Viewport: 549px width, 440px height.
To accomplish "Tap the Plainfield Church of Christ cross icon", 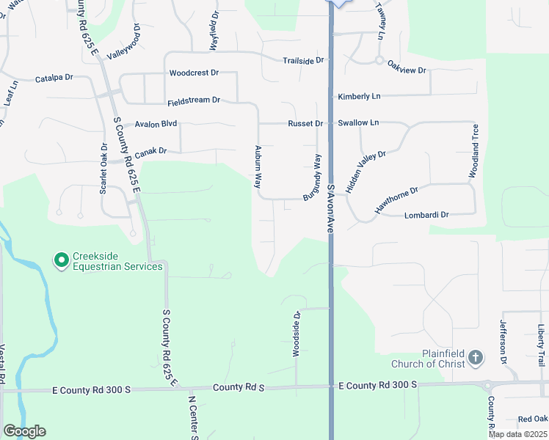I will (475, 357).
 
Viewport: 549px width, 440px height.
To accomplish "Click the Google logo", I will (24, 431).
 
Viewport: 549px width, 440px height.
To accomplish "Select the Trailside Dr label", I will (303, 60).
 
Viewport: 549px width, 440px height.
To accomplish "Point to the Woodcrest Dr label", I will (194, 73).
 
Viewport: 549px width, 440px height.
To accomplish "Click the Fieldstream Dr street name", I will (194, 100).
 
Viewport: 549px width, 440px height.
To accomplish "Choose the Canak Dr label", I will (150, 151).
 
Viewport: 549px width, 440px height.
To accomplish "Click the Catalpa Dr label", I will (54, 77).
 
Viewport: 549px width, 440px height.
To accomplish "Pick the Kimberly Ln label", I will (359, 97).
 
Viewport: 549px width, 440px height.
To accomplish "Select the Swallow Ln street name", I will (358, 122).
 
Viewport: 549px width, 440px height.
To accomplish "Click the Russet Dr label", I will (304, 123).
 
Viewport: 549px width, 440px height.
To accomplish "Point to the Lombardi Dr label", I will (426, 215).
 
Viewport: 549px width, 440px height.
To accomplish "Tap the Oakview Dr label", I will (407, 70).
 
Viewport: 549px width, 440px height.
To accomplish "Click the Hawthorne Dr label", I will (396, 200).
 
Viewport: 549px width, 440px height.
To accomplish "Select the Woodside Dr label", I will (297, 335).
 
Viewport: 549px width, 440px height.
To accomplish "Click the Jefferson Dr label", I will (503, 342).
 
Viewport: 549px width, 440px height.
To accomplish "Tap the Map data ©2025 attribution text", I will (517, 434).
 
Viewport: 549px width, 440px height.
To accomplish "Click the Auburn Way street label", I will (258, 168).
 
